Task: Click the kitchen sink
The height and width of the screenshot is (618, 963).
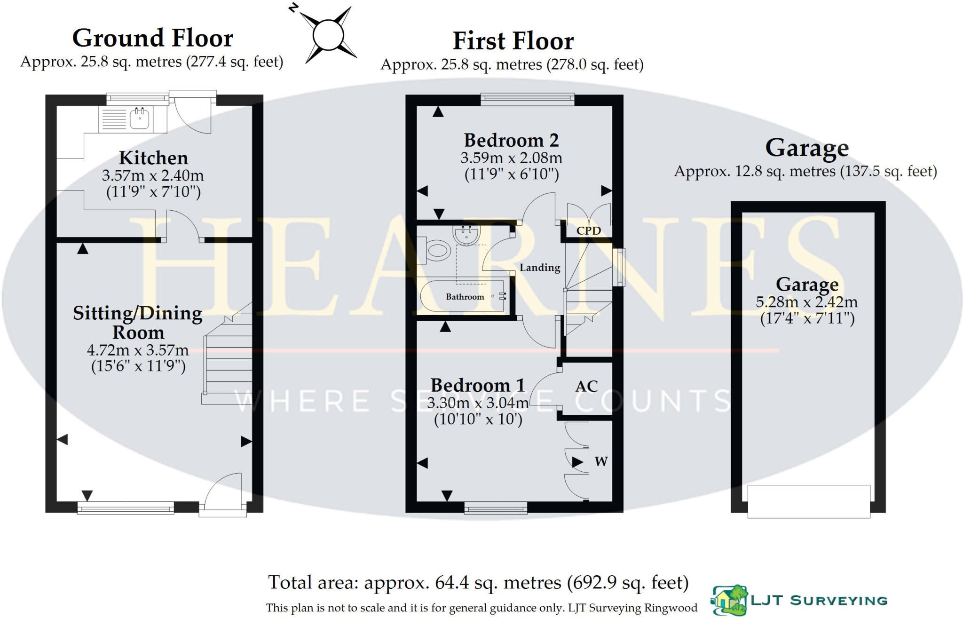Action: point(140,119)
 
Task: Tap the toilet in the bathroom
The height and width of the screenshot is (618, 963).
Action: point(436,250)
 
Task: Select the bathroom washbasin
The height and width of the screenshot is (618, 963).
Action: point(466,234)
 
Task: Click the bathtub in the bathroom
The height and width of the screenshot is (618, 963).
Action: point(463,296)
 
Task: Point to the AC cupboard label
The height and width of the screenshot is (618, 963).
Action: point(586,387)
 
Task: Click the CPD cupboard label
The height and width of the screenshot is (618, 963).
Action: point(588,231)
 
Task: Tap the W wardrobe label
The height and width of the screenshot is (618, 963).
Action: point(601,461)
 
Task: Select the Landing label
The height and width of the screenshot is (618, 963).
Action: point(540,268)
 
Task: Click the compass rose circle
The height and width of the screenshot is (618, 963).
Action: point(328,35)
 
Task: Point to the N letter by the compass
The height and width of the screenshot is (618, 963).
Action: point(293,8)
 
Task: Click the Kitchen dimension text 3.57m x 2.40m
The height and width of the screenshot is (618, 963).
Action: point(153,175)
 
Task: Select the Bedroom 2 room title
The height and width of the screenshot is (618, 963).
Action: point(511,140)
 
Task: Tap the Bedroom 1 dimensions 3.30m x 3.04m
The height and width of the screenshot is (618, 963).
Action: point(478,403)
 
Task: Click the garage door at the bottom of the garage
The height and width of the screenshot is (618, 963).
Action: point(808,501)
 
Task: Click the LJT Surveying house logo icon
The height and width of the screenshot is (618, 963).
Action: point(729,601)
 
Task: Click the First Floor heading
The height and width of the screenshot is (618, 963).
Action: point(513,41)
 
